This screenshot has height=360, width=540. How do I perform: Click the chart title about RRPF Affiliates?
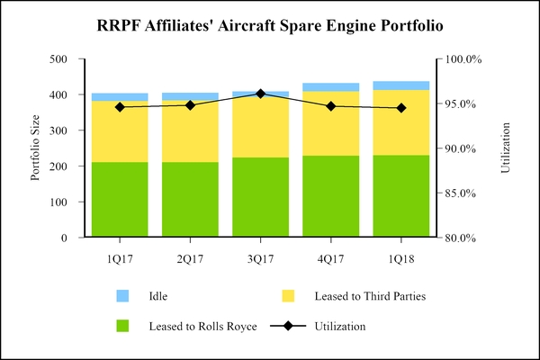click(269, 26)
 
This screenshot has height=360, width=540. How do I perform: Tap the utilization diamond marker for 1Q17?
click(120, 107)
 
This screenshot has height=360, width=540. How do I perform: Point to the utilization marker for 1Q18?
click(401, 108)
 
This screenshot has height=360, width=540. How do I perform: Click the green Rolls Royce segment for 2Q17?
click(190, 200)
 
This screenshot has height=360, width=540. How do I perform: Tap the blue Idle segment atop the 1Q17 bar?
click(120, 97)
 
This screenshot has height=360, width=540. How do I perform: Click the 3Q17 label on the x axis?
click(261, 259)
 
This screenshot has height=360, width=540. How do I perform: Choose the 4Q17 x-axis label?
click(331, 259)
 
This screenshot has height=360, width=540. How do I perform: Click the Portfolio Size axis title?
click(36, 148)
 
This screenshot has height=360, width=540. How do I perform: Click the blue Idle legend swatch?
click(123, 295)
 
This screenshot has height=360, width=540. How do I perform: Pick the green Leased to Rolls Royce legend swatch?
click(123, 326)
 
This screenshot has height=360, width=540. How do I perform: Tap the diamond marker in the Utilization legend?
click(289, 326)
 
